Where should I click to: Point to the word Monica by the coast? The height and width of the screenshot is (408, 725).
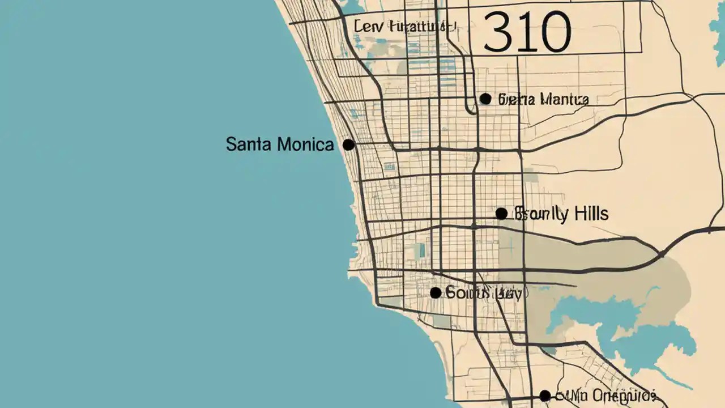306,144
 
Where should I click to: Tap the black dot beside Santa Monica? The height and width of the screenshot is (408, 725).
348,145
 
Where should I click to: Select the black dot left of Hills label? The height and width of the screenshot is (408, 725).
501,214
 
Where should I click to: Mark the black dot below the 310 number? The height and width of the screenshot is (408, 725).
485,99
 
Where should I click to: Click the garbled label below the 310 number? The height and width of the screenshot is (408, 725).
543,100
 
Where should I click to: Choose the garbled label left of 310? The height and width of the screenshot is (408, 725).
404,26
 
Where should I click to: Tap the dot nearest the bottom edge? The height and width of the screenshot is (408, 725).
545,396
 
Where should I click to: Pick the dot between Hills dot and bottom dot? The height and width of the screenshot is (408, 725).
436,293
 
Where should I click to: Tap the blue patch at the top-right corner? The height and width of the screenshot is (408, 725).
718,31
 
